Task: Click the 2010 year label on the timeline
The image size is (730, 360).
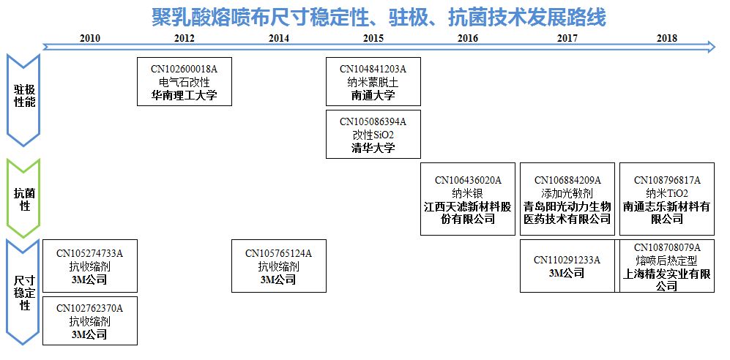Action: [90, 38]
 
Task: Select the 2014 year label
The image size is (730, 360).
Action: [279, 38]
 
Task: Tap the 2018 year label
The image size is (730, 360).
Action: [666, 38]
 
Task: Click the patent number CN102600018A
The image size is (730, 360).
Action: [185, 70]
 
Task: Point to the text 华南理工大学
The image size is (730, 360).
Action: [185, 95]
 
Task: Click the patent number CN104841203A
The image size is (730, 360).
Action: [373, 70]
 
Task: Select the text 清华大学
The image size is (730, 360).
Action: [373, 148]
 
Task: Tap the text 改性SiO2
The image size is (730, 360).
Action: [373, 135]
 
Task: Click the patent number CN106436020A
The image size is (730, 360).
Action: [468, 181]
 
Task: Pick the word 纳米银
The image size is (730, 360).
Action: [468, 194]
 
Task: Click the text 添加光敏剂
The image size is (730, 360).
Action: [567, 194]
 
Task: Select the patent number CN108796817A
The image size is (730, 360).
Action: [667, 181]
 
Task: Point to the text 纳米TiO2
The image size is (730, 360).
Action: [667, 194]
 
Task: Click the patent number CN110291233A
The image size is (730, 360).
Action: [567, 260]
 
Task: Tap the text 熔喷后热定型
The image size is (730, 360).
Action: [667, 260]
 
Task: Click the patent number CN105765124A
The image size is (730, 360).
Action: [278, 254]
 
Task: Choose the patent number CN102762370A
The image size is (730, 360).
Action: [90, 308]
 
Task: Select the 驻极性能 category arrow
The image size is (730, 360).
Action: [23, 97]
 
